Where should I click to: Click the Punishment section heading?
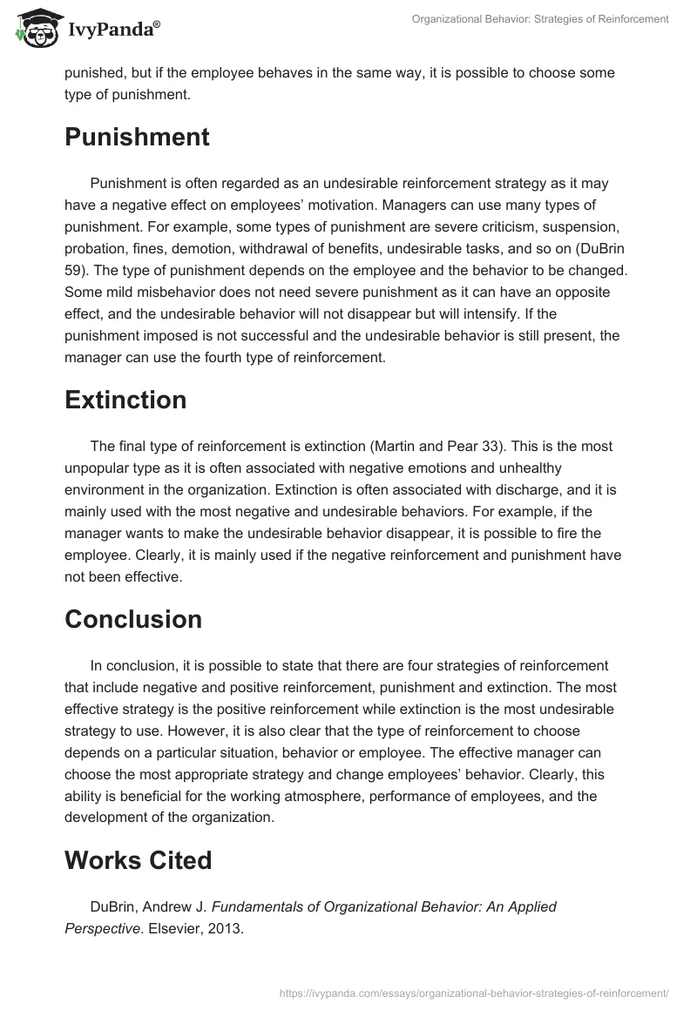(x=137, y=138)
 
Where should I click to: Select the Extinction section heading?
(x=125, y=400)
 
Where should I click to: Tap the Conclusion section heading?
(x=133, y=619)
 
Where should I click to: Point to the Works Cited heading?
(x=139, y=860)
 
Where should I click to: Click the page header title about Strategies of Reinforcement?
(x=541, y=19)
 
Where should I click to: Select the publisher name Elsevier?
(x=174, y=928)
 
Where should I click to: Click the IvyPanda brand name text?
(x=111, y=30)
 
